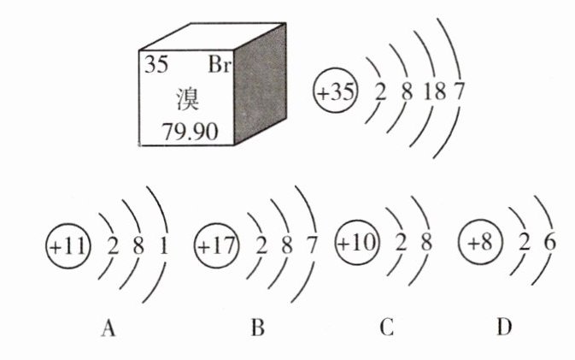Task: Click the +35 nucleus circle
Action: pyautogui.click(x=334, y=92)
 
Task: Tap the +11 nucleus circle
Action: pyautogui.click(x=67, y=247)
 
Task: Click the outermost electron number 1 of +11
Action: pyautogui.click(x=163, y=248)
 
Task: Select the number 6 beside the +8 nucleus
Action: pyautogui.click(x=549, y=242)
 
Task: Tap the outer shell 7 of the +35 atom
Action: pyautogui.click(x=460, y=92)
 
